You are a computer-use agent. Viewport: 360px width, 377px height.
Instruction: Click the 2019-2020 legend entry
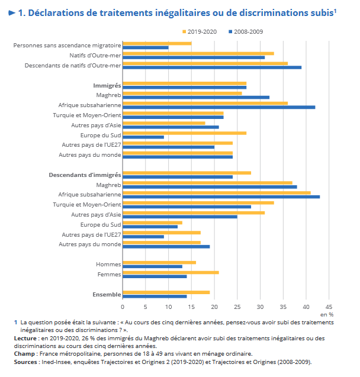(202, 31)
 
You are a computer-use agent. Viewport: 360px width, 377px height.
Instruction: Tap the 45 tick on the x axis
(329, 307)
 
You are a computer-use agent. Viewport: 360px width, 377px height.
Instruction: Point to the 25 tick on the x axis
(237, 307)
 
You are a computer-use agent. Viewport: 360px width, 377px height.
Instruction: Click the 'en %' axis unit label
(327, 314)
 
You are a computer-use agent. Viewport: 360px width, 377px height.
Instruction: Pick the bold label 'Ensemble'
(107, 294)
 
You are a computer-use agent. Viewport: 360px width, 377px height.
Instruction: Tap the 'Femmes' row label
(109, 275)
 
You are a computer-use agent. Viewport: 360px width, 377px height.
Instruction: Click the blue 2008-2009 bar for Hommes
(152, 266)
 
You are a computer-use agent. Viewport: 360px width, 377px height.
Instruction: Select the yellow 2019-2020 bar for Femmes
(171, 272)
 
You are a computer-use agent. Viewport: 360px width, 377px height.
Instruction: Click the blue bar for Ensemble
(155, 297)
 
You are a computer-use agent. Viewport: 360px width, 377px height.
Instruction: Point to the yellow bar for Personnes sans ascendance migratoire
(157, 43)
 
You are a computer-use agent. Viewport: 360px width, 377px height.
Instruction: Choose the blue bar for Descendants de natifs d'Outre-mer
(212, 67)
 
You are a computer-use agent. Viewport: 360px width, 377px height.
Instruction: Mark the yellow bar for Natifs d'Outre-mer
(198, 53)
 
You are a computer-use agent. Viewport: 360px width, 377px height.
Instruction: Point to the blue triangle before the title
(12, 13)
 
